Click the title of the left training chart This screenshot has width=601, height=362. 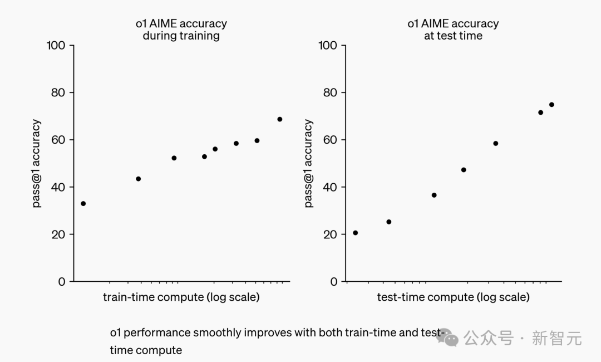[x=181, y=30]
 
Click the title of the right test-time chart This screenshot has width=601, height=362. [x=453, y=30]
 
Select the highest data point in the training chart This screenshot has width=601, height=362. [x=279, y=119]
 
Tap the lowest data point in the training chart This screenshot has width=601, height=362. [x=83, y=204]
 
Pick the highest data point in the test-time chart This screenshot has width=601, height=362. [x=551, y=105]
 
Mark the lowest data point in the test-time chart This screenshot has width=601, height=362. [x=356, y=233]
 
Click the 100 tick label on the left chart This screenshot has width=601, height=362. [x=56, y=45]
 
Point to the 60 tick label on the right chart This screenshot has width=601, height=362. [x=330, y=140]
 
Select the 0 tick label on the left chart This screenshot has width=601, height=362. [x=61, y=282]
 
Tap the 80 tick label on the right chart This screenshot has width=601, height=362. [x=330, y=92]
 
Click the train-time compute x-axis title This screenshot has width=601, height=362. [x=181, y=297]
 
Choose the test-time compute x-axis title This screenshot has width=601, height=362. [x=453, y=297]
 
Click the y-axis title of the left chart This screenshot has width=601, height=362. [x=36, y=163]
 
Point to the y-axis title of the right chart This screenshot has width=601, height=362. [x=308, y=163]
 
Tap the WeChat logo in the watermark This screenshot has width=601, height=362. [x=447, y=338]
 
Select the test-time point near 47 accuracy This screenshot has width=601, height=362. [x=464, y=170]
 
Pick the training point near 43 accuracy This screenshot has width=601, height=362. [x=139, y=179]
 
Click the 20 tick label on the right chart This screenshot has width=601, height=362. [x=330, y=234]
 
